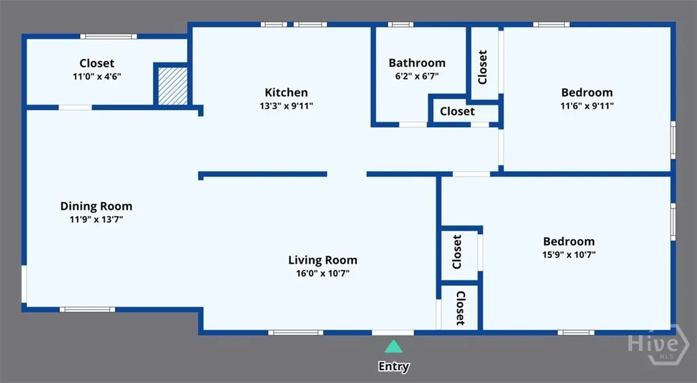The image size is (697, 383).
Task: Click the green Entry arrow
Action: pos(393,346)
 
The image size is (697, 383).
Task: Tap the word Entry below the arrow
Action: pos(394,367)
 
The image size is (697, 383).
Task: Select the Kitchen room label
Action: pos(286,92)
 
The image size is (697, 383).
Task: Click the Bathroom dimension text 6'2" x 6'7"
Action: pos(417,76)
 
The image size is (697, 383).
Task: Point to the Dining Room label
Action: pos(97,206)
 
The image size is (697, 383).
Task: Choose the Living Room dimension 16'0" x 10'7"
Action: pos(323,274)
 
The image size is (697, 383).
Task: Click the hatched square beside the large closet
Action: pos(173,86)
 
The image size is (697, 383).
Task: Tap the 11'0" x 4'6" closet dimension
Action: pos(97,76)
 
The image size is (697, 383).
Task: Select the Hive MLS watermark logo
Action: pos(658,344)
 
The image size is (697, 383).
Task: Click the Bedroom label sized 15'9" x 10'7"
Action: pos(569,242)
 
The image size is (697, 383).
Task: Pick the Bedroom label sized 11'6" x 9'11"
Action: pos(587,92)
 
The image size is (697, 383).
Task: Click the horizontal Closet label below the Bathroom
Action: pos(458,111)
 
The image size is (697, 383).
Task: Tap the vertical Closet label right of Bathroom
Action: pos(483,67)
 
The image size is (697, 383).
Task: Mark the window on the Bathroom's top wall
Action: pos(401,24)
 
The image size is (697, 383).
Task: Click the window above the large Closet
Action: pos(109,37)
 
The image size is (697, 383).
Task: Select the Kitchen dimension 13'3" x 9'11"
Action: pos(286,106)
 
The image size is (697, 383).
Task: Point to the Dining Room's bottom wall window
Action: pos(88,310)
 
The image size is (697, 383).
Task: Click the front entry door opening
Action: pos(393,332)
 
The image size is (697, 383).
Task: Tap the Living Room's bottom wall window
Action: pos(296,332)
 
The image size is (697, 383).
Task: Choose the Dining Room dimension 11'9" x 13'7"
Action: pos(97,219)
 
